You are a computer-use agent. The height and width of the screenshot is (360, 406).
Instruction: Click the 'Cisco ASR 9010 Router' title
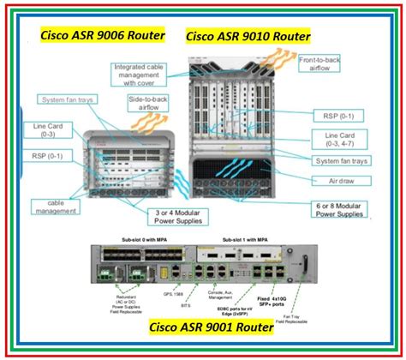pos(248,37)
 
